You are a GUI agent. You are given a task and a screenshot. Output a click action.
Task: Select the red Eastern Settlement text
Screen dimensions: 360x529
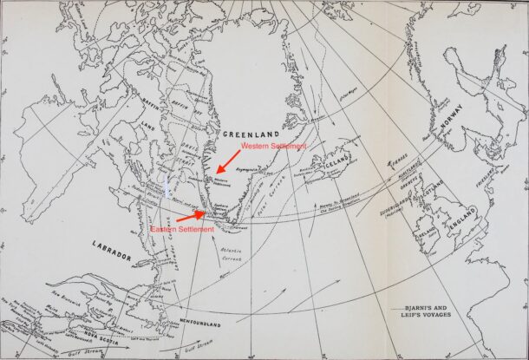(x=181, y=229)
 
